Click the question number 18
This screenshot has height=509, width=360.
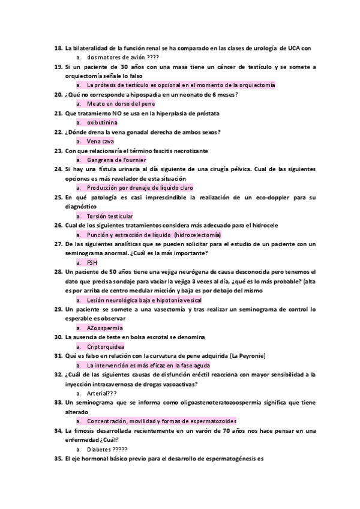tap(58, 48)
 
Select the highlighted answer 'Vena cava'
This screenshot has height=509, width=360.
tap(100, 141)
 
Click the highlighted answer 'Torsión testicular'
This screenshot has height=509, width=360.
tap(110, 215)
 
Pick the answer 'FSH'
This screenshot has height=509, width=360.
tap(92, 262)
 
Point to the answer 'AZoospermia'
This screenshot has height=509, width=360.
tap(104, 328)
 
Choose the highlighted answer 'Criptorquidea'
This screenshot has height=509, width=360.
tap(106, 346)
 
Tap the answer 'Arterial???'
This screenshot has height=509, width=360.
tap(101, 393)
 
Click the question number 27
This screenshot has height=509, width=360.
tap(58, 244)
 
